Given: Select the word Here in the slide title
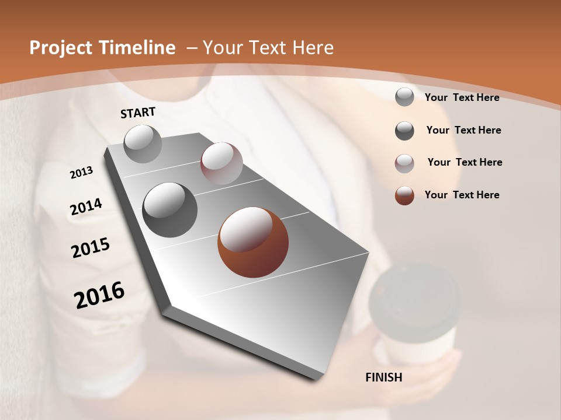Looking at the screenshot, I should [x=313, y=48].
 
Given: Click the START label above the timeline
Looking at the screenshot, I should [x=138, y=113].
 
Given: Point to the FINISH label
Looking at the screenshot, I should [x=384, y=377].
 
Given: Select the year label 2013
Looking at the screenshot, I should [x=81, y=173].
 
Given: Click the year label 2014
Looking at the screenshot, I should [x=86, y=206].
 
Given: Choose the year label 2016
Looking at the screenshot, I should [x=99, y=295].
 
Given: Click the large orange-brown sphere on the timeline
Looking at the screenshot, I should [x=253, y=242].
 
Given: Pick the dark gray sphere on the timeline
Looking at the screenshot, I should [x=170, y=210].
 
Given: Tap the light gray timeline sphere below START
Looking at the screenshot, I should [x=143, y=143].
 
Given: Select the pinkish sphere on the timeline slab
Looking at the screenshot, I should [x=221, y=163].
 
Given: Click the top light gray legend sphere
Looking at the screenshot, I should [x=404, y=97].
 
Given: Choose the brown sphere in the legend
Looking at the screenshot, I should [x=404, y=195].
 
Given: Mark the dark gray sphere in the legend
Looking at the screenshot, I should [x=404, y=131].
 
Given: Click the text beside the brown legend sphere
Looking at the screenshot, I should [x=462, y=195].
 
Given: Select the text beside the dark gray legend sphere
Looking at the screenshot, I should [x=463, y=130].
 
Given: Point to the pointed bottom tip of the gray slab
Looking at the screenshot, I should [x=316, y=379].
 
